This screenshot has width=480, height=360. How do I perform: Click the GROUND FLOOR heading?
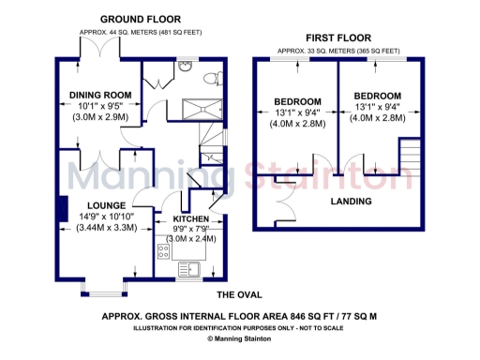point(141,19)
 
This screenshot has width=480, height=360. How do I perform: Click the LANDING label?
point(352,202)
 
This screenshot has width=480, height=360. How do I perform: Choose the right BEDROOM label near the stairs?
point(378,96)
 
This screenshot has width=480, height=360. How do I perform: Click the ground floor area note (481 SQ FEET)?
point(141,32)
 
